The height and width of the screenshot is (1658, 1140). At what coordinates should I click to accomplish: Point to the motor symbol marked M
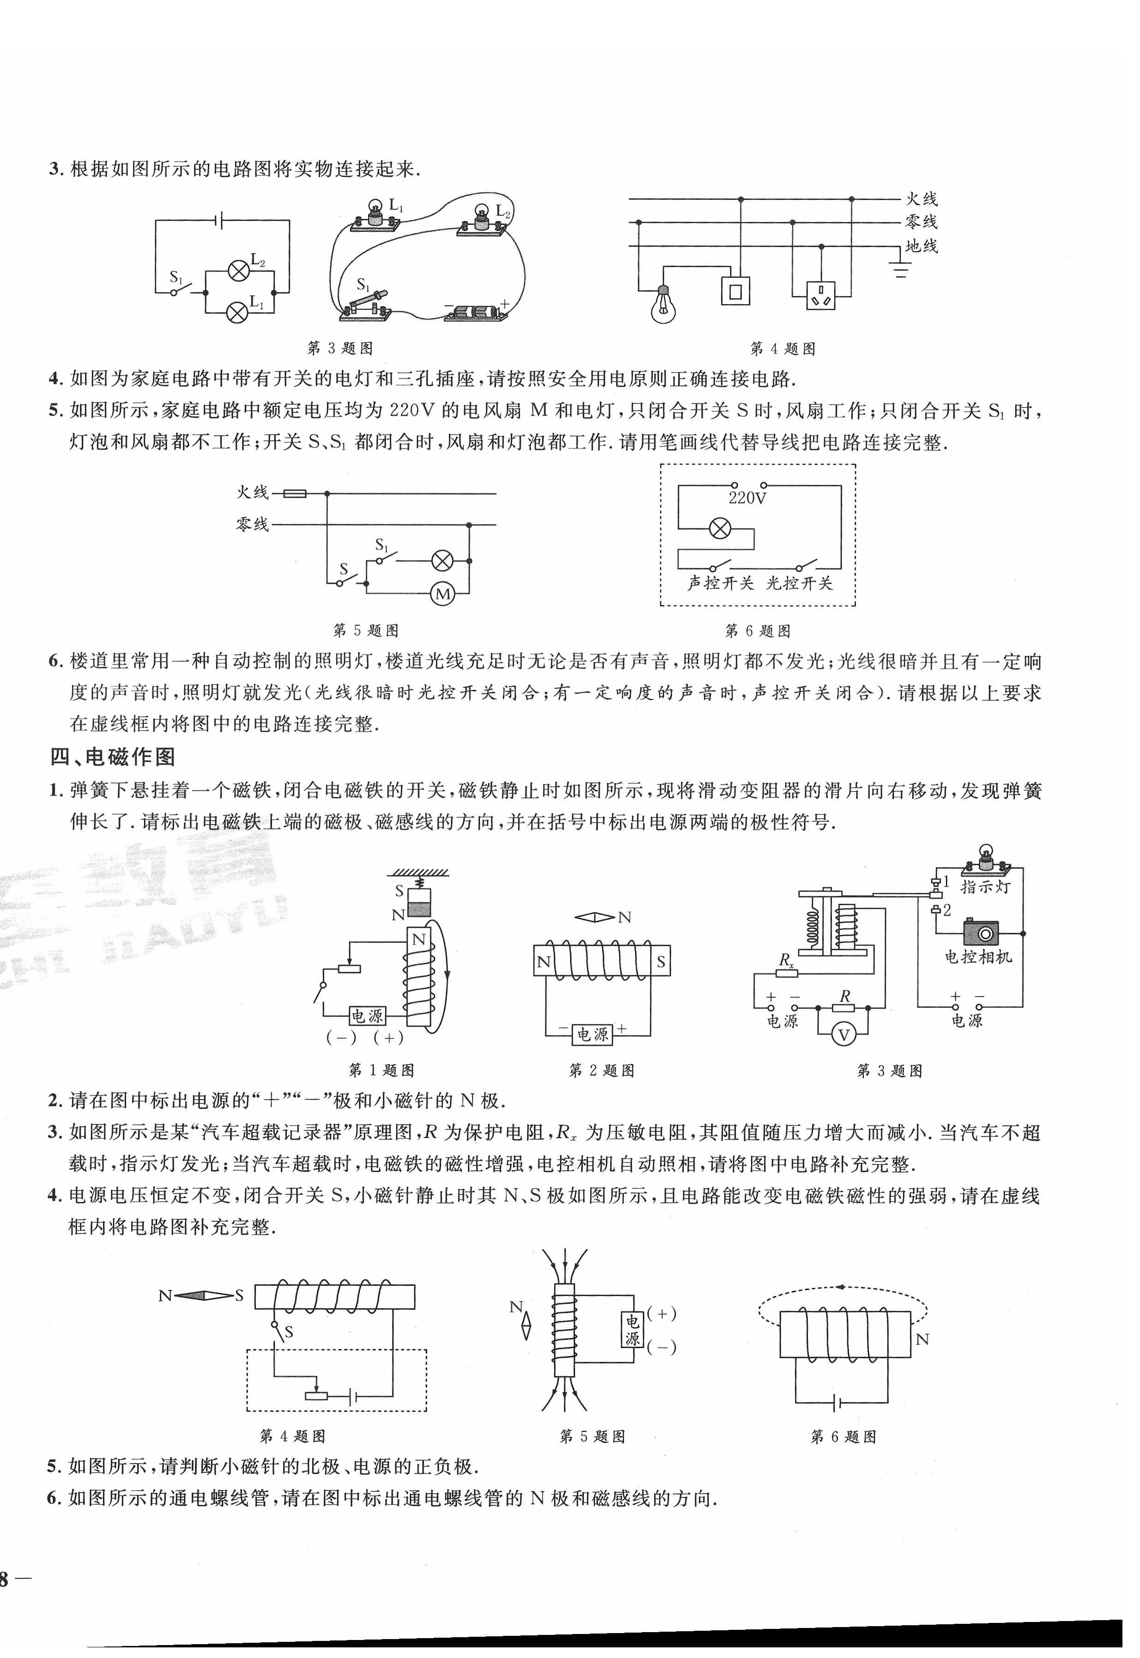443,594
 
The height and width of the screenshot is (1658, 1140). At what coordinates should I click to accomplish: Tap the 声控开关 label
720,583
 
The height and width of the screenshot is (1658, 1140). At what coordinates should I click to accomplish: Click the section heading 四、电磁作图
113,757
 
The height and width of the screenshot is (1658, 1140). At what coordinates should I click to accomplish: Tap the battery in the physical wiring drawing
476,313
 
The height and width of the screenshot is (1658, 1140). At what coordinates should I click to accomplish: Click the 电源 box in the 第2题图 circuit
592,1035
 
